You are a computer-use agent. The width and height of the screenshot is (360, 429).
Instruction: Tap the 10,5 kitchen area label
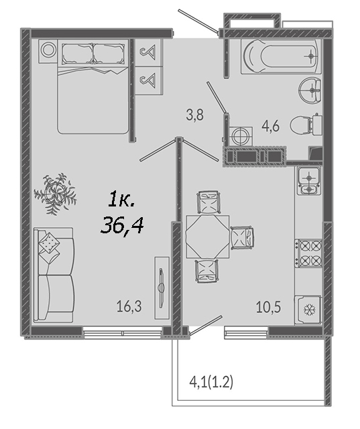click(x=268, y=307)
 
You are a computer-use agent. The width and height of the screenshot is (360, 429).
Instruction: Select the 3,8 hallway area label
click(x=195, y=115)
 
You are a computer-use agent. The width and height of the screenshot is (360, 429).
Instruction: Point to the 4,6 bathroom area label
click(x=271, y=126)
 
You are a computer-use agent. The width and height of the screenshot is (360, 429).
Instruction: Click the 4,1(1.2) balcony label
click(x=211, y=382)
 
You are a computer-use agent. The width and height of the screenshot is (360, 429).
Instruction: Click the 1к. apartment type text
click(x=122, y=200)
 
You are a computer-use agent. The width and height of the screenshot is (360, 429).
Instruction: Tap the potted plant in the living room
click(x=56, y=193)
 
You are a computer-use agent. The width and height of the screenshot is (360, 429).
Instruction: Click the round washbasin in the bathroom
click(x=310, y=89)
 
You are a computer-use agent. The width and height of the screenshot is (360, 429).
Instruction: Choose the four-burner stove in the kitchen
click(x=308, y=253)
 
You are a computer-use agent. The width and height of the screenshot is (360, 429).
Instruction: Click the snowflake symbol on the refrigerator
click(x=310, y=310)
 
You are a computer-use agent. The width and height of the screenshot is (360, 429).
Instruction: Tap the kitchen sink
click(x=309, y=180)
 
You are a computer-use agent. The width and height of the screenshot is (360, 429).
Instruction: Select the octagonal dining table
click(x=207, y=237)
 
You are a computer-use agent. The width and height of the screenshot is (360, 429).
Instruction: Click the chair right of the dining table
click(x=242, y=237)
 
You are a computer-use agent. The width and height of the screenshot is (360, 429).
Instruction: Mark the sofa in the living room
click(x=54, y=275)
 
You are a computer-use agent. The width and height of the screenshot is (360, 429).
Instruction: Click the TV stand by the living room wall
click(x=162, y=288)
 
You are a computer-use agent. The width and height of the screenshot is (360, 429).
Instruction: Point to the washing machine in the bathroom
click(x=241, y=137)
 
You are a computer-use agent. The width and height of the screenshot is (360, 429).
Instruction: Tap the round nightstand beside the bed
click(x=48, y=50)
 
